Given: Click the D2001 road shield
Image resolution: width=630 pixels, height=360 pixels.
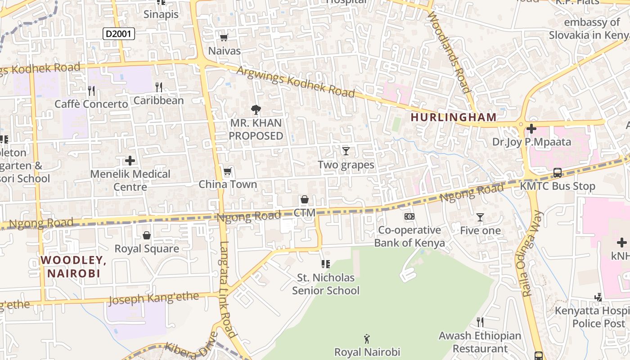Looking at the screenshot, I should click(119, 33).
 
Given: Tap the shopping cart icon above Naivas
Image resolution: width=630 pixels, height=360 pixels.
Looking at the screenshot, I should click(224, 37).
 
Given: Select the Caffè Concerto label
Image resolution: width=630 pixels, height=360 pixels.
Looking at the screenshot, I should click(91, 104).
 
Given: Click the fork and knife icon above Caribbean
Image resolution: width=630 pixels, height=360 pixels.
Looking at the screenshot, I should click(158, 87).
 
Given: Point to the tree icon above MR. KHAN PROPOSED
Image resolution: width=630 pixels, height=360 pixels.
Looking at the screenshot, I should click(256, 109).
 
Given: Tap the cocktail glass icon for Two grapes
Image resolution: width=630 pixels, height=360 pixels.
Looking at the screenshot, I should click(346, 151).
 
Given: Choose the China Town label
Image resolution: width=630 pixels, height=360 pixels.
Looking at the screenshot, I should click(228, 184).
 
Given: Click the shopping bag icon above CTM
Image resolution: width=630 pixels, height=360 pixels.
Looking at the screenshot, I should click(305, 199).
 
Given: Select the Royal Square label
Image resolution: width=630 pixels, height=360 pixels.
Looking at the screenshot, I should click(147, 248).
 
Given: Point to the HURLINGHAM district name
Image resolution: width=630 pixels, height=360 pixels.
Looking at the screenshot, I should click(454, 117).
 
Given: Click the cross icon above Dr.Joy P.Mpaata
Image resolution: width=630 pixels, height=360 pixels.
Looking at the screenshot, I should click(531, 129).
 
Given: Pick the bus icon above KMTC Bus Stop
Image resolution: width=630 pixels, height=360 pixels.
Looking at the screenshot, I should click(557, 173).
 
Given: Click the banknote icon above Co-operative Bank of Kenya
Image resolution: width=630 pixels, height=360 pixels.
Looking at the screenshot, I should click(409, 216).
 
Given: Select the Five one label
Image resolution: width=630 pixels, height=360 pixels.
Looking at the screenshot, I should click(480, 230).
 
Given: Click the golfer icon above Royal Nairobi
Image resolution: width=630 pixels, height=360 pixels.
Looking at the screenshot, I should click(367, 338).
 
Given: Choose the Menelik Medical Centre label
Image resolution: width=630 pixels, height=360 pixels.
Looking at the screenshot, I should click(130, 180).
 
